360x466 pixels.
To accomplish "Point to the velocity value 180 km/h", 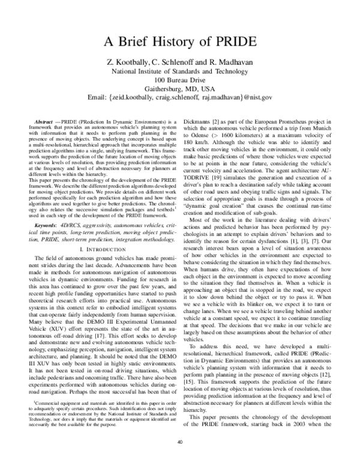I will click(x=202, y=144).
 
